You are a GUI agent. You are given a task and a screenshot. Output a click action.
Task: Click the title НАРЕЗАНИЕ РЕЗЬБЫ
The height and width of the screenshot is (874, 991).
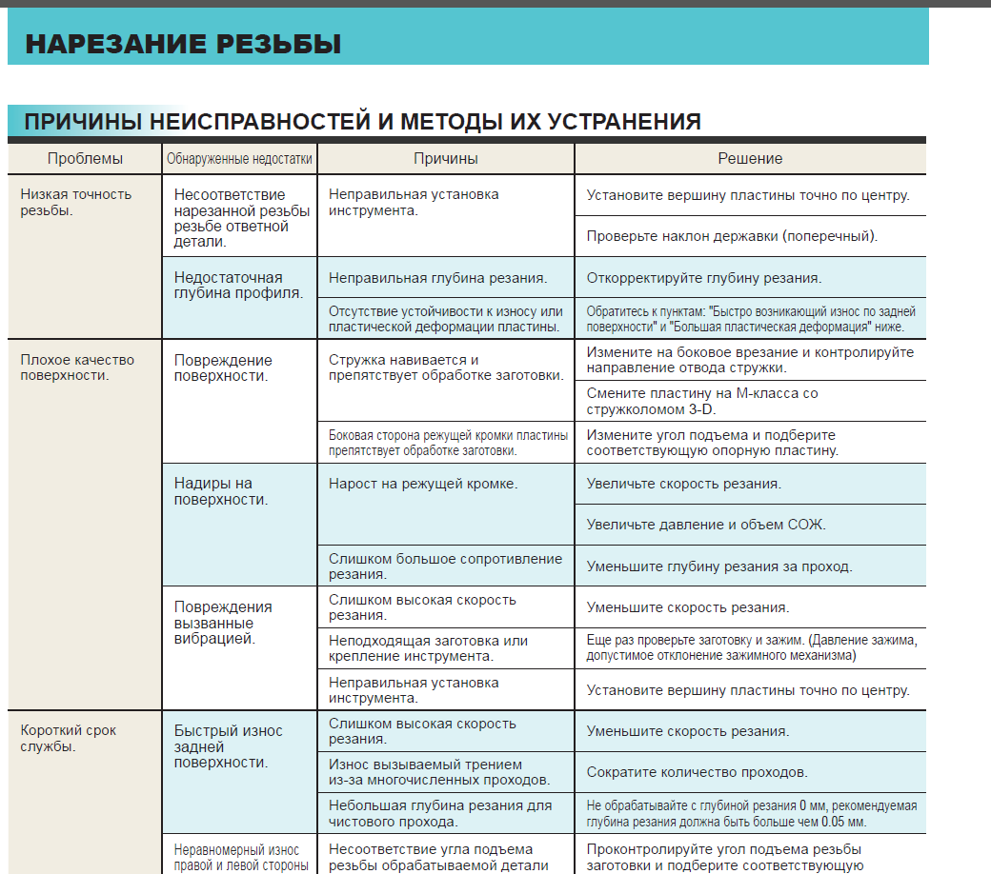[183, 44]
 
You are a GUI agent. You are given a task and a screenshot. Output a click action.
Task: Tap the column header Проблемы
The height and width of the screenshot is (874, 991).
[85, 159]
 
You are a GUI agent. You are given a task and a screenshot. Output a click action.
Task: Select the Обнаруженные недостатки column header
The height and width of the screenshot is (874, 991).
[239, 159]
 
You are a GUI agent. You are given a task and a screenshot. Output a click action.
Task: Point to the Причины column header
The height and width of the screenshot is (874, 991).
[445, 159]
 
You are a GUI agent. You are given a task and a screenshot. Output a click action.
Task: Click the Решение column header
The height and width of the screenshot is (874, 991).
[750, 159]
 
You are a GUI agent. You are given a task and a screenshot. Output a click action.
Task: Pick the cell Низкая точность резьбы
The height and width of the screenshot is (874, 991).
[76, 202]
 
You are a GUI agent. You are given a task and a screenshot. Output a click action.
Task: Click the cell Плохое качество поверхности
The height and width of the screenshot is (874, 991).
[77, 367]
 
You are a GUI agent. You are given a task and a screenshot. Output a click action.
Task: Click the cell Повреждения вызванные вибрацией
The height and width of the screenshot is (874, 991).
[223, 623]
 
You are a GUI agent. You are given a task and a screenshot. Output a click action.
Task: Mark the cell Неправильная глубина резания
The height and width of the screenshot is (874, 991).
[437, 278]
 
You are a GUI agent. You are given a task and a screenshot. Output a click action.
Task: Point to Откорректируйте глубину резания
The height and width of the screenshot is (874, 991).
[703, 278]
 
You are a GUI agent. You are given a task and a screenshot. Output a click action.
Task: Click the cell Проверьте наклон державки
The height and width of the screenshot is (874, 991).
[732, 236]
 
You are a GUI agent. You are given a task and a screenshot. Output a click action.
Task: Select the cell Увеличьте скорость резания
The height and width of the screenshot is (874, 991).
[683, 484]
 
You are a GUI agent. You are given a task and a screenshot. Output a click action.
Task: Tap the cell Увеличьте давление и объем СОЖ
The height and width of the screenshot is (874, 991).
[706, 525]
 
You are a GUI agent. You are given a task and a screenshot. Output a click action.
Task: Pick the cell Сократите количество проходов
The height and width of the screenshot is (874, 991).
[697, 772]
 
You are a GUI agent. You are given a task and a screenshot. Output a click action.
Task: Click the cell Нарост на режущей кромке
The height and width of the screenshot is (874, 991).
[423, 484]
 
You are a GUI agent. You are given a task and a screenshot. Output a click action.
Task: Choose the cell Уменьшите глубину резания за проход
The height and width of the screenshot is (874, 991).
[718, 566]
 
